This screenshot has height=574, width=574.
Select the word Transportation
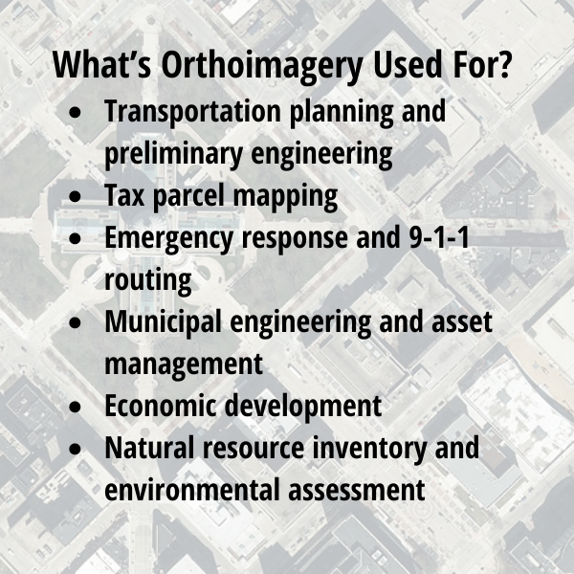coord(192,111)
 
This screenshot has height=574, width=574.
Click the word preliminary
coord(173,154)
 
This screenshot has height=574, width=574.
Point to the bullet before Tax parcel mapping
coord(75,196)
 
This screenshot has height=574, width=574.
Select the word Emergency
coord(168,238)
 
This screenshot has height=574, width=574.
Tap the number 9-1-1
coord(438,237)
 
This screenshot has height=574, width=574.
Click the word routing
coord(148,280)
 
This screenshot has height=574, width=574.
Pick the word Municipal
coord(164,322)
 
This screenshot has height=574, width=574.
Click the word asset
coord(462,322)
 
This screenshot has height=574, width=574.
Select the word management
coord(184,364)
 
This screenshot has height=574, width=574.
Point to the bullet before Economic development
coord(75,407)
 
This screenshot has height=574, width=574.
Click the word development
coord(303,407)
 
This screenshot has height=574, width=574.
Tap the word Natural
coord(149,448)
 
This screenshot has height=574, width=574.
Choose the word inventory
coord(369,449)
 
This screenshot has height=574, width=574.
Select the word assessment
coord(357,491)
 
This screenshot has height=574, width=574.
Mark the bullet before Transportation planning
coord(75,112)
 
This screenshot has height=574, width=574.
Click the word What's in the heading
coord(101,64)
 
